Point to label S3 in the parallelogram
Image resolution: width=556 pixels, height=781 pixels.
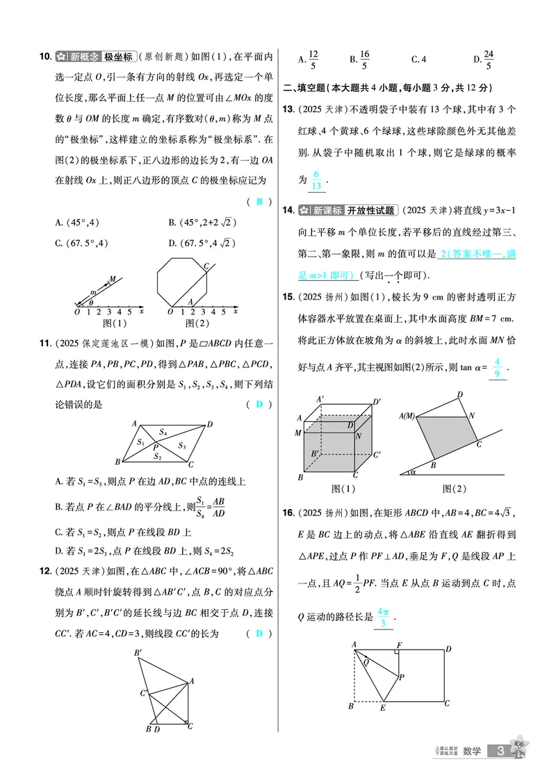pyautogui.click(x=181, y=446)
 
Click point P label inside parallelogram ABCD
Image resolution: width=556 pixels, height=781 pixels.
pyautogui.click(x=156, y=446)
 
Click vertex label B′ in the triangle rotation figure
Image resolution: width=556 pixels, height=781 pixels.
pyautogui.click(x=138, y=652)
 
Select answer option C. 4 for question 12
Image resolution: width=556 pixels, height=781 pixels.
pyautogui.click(x=418, y=60)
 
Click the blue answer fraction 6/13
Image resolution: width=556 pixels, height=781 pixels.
pyautogui.click(x=316, y=179)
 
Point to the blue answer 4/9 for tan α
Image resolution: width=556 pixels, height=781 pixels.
pyautogui.click(x=496, y=367)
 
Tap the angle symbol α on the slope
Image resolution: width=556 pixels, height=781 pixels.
pyautogui.click(x=411, y=472)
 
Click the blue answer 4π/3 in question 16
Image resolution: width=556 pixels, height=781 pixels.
pyautogui.click(x=384, y=617)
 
